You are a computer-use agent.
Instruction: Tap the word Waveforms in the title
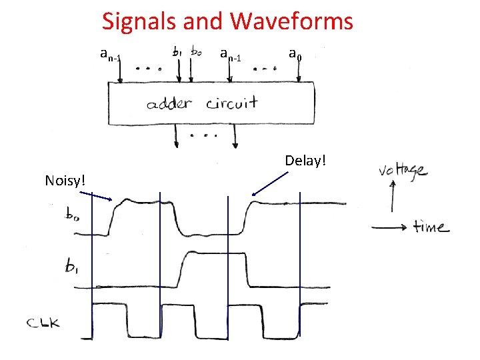point(291,21)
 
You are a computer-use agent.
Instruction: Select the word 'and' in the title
point(206,21)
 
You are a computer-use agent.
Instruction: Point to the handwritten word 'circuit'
point(231,104)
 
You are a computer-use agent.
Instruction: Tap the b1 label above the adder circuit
point(179,51)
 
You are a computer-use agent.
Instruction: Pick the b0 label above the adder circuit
point(198,51)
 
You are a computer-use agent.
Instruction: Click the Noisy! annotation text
point(63,179)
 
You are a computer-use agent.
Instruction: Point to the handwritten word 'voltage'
point(403,171)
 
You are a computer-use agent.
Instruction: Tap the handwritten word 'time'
point(431,227)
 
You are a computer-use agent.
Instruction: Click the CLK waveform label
point(45,324)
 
